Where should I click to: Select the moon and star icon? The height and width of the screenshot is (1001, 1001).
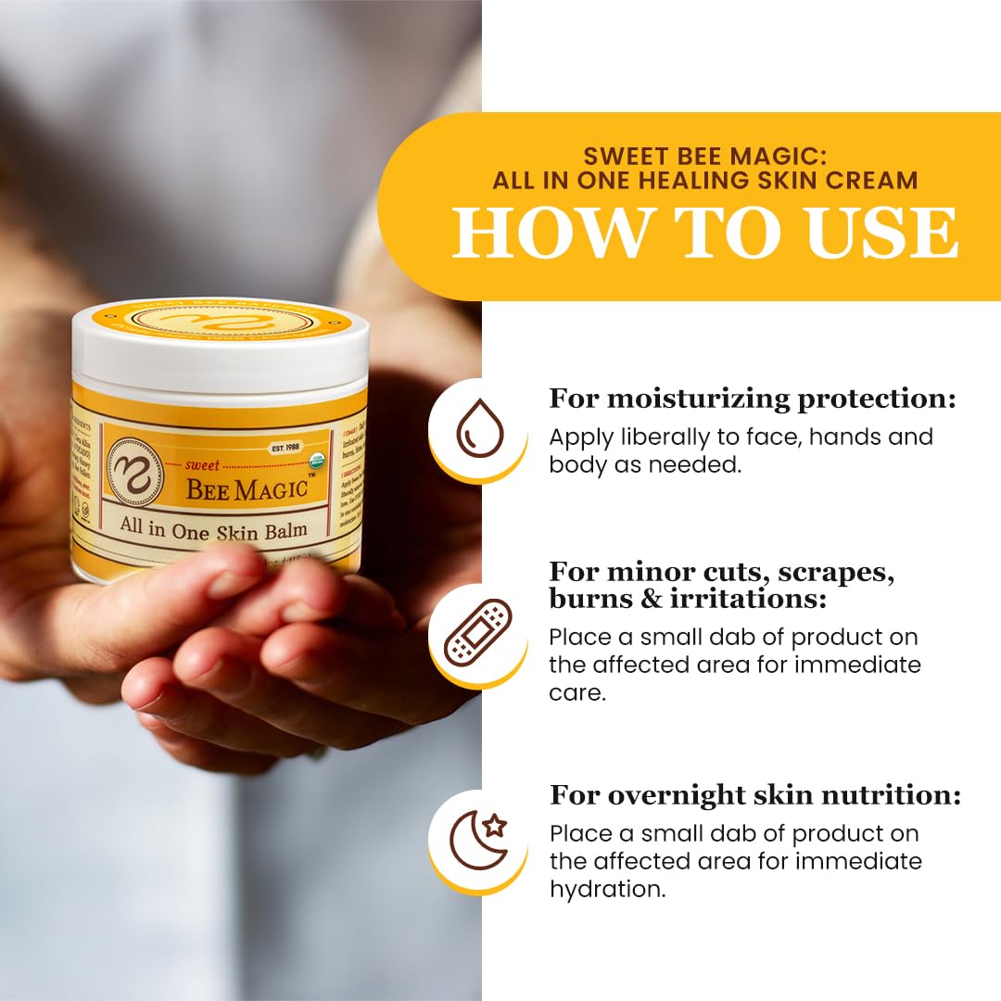coord(478,839)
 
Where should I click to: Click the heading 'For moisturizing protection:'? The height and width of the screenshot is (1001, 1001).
coord(752,399)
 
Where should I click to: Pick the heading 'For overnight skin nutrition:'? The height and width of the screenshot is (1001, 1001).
coord(754,794)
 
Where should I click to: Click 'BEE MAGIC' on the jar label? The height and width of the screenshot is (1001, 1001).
coord(247,488)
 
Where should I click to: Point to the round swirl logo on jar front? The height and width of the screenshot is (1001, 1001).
coord(135,472)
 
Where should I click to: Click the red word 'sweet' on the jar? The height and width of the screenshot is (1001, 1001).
coord(202,466)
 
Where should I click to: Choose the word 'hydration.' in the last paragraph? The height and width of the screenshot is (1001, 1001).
coord(607,889)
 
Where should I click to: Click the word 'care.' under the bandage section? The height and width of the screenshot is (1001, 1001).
coord(577,692)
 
